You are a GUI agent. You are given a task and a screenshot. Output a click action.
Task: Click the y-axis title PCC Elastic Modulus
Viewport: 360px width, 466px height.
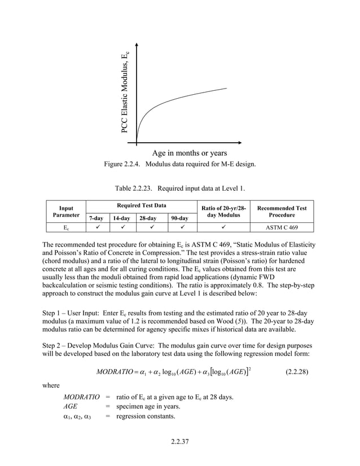click(x=126, y=93)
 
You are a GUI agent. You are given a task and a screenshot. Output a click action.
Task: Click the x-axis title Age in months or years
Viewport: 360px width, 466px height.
click(x=189, y=153)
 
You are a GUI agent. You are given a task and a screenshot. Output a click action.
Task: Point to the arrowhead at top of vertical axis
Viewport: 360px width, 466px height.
click(x=137, y=46)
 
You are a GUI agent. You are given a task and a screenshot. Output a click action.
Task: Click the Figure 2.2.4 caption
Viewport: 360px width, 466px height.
click(x=179, y=164)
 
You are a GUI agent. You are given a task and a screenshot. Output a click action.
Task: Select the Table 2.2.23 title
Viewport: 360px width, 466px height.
click(x=179, y=188)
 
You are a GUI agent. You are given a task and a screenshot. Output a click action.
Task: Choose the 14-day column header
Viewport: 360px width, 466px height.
click(x=121, y=218)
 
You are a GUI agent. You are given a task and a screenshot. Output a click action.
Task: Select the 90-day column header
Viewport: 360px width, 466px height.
click(x=180, y=218)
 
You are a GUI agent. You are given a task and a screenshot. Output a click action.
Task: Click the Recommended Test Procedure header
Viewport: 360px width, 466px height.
click(x=282, y=212)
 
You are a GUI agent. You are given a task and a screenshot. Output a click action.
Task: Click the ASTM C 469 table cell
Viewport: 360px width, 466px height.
click(x=282, y=228)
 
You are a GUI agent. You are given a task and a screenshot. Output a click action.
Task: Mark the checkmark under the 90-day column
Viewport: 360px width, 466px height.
click(x=180, y=228)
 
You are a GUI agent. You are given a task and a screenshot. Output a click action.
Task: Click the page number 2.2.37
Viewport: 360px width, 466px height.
click(x=179, y=441)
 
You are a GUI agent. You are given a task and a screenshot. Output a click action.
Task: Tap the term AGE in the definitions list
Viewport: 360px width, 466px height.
click(x=71, y=406)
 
